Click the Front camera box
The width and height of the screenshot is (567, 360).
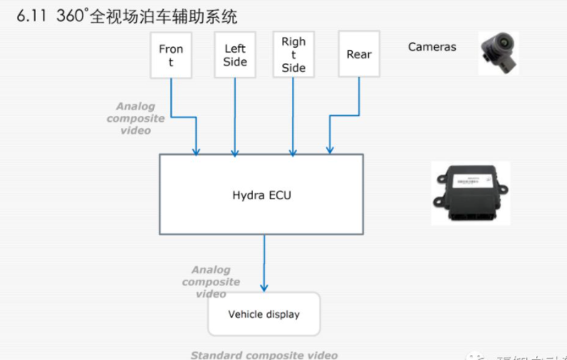[x=171, y=55]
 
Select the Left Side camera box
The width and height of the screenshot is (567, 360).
[x=234, y=55]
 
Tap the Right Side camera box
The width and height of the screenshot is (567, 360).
[x=294, y=54]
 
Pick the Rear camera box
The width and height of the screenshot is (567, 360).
[x=359, y=54]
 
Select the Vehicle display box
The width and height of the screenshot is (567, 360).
[x=263, y=314]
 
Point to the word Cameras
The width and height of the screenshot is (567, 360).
[x=432, y=47]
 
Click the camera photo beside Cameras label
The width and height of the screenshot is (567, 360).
[x=497, y=53]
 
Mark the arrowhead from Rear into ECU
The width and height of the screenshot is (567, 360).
[x=329, y=149]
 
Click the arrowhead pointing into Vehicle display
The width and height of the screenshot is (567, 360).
[x=264, y=287]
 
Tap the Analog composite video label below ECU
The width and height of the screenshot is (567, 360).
[x=211, y=281]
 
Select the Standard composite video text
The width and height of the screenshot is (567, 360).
[x=264, y=355]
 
